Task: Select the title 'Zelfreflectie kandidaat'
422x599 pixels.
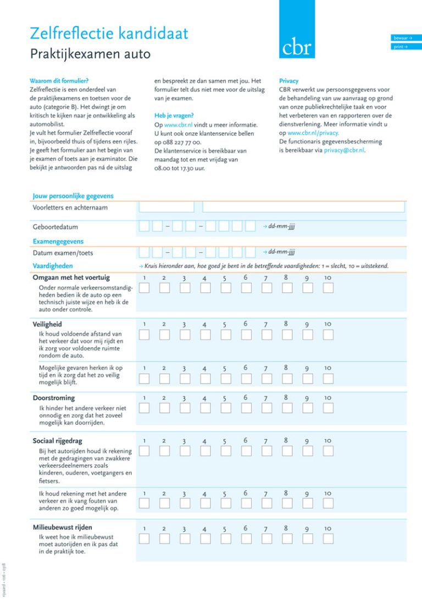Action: coord(109,34)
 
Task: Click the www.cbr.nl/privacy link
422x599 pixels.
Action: coord(313,132)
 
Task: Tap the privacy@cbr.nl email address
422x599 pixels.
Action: coord(344,150)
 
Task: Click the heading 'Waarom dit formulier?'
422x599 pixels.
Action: coord(59,81)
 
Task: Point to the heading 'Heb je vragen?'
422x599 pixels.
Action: coord(174,116)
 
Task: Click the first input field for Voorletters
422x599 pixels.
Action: coord(166,207)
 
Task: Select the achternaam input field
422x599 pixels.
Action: coord(303,207)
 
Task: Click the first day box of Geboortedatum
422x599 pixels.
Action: coord(144,226)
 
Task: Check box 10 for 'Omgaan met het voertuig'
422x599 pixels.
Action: coord(328,288)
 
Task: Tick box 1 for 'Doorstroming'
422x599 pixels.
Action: coord(144,408)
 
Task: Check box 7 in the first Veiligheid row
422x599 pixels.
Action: coord(266,334)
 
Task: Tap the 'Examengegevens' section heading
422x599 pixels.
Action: coord(58,241)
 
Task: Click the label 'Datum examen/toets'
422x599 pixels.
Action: coord(63,253)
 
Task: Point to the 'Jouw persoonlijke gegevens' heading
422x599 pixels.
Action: coord(73,196)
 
